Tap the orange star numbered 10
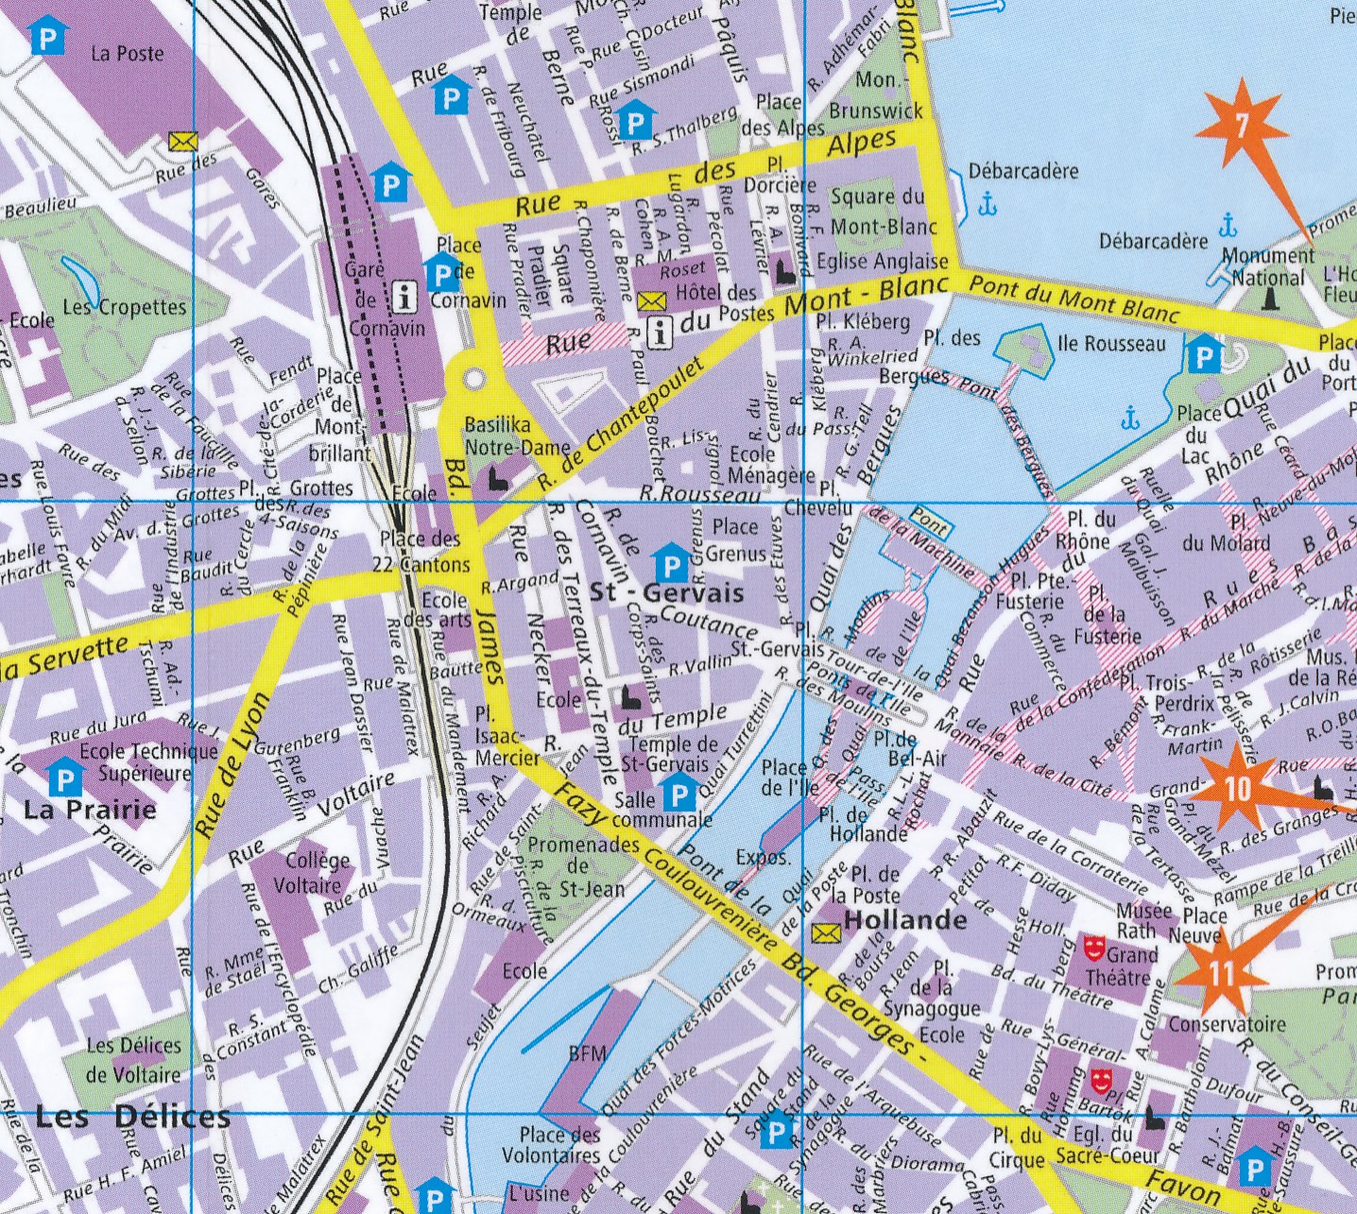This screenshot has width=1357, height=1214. pos(1236,787)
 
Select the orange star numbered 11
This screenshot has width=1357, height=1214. pos(1221,973)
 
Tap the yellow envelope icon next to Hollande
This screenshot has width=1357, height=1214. pos(825,932)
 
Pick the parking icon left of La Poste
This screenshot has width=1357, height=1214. pos(48,39)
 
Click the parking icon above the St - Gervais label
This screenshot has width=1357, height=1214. pos(670,566)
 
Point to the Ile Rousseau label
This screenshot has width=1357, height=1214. pos(1111,344)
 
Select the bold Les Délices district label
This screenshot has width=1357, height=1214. pos(132,1117)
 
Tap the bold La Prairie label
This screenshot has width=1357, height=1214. pos(90,810)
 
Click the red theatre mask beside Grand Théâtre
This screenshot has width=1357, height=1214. pos(1094,946)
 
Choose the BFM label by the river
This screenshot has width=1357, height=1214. pos(588,1052)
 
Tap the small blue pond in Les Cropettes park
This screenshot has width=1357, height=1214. pos(79,276)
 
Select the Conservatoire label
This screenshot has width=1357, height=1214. pos(1227,1024)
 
